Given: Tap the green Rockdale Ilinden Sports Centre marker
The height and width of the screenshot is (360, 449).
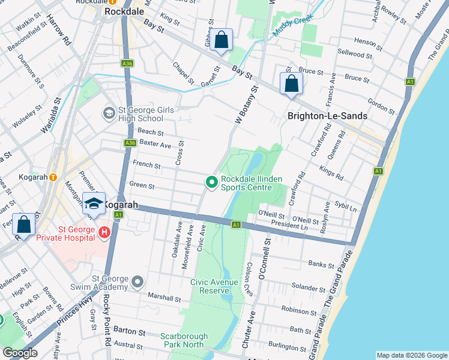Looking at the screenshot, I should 211,181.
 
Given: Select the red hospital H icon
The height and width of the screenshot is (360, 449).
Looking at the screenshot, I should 104,232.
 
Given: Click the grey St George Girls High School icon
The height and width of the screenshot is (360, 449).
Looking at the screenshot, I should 109,112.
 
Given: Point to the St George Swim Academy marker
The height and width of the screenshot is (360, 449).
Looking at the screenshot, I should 138,281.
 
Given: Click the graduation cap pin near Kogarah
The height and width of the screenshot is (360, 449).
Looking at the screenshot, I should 94,204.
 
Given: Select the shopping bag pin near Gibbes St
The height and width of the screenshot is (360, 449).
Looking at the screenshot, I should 221,41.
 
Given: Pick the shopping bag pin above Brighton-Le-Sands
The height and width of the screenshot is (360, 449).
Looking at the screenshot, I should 291,83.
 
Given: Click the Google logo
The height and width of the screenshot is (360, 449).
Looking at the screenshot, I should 20,353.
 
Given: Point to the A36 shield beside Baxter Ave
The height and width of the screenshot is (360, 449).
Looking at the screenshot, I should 130,143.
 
